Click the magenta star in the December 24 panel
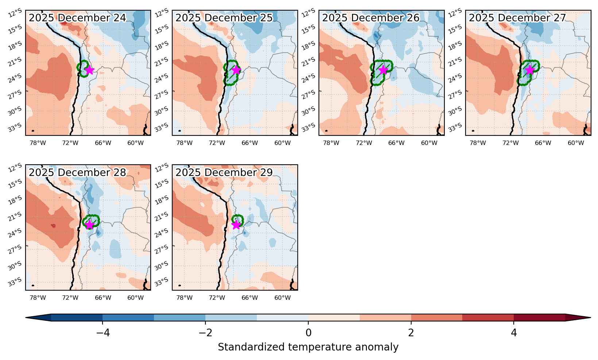89,70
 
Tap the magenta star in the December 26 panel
383,70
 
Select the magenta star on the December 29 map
236,225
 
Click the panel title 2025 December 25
224,18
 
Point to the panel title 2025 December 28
77,173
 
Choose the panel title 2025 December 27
517,18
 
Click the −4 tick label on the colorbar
103,333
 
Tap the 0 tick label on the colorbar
308,333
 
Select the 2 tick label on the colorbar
411,333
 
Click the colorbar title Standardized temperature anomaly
308,347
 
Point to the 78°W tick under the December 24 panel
38,143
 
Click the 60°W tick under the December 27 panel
576,143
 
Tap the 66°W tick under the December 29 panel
250,298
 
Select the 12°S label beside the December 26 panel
308,13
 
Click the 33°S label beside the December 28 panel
15,282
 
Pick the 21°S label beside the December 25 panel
162,62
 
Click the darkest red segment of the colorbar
539,318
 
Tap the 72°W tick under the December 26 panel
364,143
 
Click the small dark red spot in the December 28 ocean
53,226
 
